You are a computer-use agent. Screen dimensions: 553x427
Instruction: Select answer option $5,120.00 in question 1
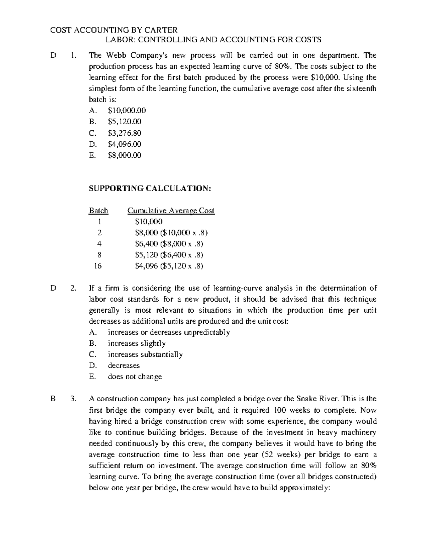point(125,122)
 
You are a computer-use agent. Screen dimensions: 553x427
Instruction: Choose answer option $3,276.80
point(125,133)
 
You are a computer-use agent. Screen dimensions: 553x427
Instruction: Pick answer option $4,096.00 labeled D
point(125,144)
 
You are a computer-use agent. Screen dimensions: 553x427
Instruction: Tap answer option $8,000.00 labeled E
point(125,155)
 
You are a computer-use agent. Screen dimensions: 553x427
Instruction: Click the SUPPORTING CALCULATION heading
point(150,188)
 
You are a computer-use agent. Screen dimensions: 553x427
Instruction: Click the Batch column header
point(98,210)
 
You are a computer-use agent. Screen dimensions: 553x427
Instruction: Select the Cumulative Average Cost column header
point(171,210)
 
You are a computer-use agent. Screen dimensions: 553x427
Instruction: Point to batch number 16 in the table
point(98,266)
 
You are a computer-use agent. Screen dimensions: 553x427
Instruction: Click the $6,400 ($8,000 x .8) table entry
point(169,244)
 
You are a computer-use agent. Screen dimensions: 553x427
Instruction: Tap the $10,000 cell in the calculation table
point(149,221)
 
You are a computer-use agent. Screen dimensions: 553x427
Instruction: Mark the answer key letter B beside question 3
point(53,399)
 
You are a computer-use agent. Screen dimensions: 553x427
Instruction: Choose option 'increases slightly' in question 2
point(137,343)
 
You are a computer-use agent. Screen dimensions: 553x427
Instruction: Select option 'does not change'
point(135,376)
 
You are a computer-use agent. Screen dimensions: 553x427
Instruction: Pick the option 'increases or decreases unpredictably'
point(169,332)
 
